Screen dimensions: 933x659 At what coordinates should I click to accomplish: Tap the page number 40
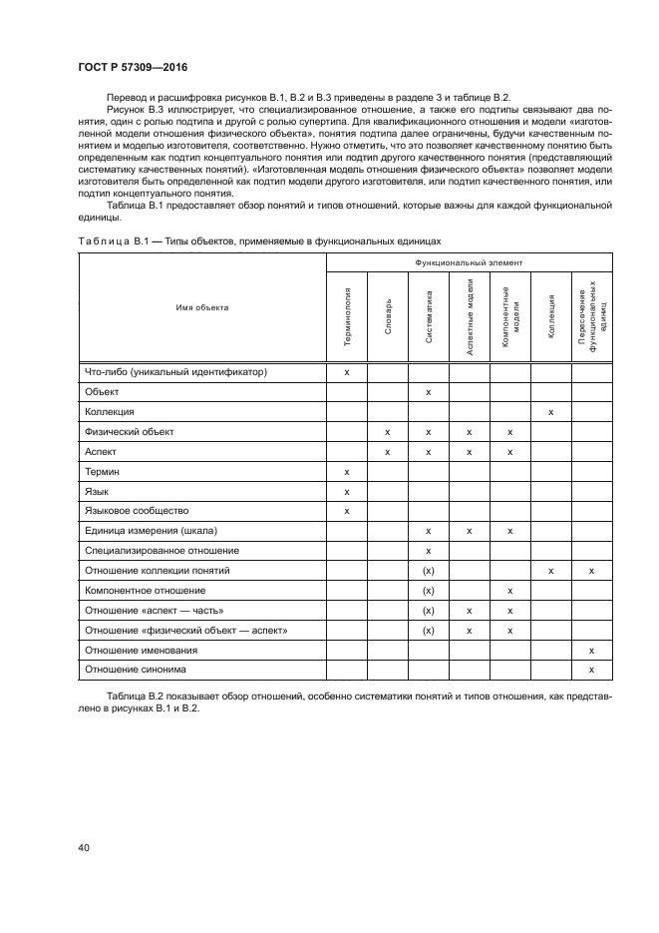tap(83, 848)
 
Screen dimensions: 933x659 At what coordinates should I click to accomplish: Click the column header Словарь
tap(387, 316)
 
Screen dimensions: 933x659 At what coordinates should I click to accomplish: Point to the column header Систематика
tap(428, 316)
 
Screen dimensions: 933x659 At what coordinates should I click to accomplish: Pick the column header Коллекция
tap(550, 316)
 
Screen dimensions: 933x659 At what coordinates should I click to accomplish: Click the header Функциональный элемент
tap(469, 261)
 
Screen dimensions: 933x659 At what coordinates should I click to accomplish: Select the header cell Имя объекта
tap(202, 307)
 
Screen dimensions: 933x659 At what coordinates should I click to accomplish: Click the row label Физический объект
tap(130, 431)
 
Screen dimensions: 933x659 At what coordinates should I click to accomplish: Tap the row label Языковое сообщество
tap(137, 511)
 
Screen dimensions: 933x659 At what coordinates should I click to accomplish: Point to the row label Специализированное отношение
tap(162, 550)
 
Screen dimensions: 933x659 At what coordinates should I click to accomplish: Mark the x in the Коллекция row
tap(550, 411)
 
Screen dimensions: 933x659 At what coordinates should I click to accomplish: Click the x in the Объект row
tap(428, 392)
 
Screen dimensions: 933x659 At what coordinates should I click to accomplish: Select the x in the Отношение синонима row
tap(591, 669)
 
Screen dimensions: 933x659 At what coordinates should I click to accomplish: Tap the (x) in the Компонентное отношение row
tap(428, 590)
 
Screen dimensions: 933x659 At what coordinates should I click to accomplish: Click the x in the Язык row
tap(347, 491)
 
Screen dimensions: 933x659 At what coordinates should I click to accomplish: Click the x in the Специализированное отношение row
tap(428, 550)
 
